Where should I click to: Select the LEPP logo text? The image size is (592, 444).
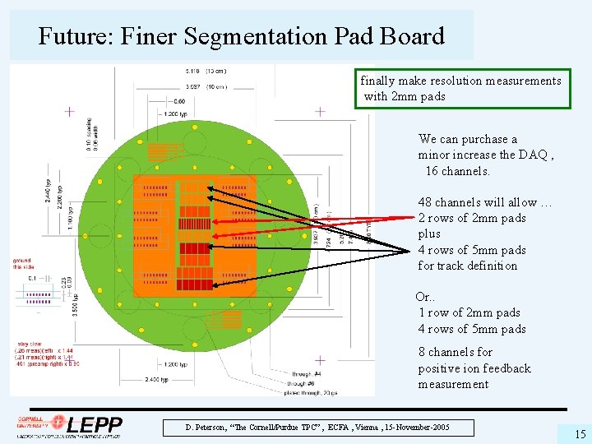point(95,425)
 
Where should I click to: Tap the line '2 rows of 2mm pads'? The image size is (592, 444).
point(472,218)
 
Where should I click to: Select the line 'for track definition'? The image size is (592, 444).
point(467,266)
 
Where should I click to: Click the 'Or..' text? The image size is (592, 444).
point(427,297)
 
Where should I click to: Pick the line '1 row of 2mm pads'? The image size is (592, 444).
point(469,312)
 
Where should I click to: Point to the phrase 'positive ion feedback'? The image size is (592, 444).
point(474,368)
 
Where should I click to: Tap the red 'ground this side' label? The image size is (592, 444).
point(22,263)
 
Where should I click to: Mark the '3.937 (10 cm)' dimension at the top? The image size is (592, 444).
point(206,86)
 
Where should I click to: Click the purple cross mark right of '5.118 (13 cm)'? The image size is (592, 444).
point(320,111)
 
